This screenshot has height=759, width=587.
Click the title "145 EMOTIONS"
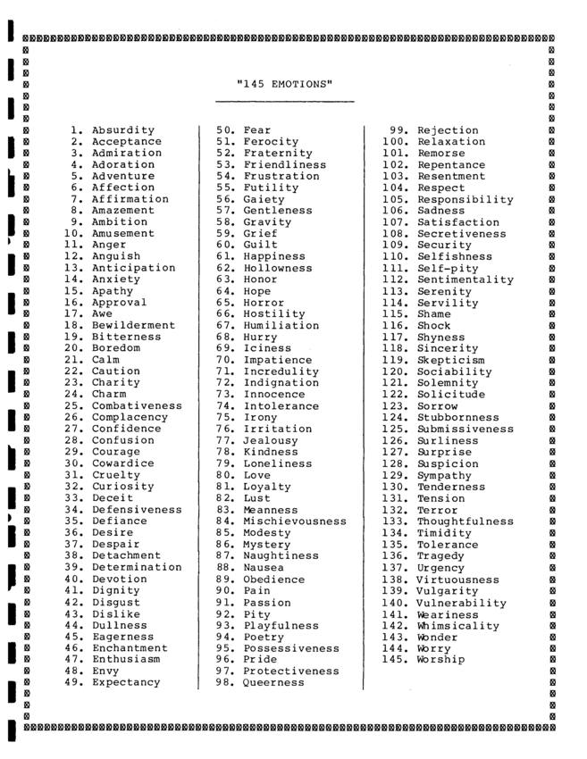286,85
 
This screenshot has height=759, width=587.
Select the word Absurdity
122,130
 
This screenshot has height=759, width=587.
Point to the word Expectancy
126,682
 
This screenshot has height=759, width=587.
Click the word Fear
256,130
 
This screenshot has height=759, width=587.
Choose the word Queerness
273,682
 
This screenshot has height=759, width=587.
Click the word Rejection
448,130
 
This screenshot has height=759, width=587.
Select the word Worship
440,659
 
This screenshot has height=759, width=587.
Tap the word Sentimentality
465,279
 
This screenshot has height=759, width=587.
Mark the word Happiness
273,256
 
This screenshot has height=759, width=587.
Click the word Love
256,475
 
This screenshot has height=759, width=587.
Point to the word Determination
137,567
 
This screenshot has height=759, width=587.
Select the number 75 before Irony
225,417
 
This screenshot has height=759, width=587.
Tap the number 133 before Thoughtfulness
395,521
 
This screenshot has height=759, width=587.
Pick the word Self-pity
451,268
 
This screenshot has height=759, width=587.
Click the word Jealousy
270,440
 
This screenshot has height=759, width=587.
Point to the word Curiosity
122,487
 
